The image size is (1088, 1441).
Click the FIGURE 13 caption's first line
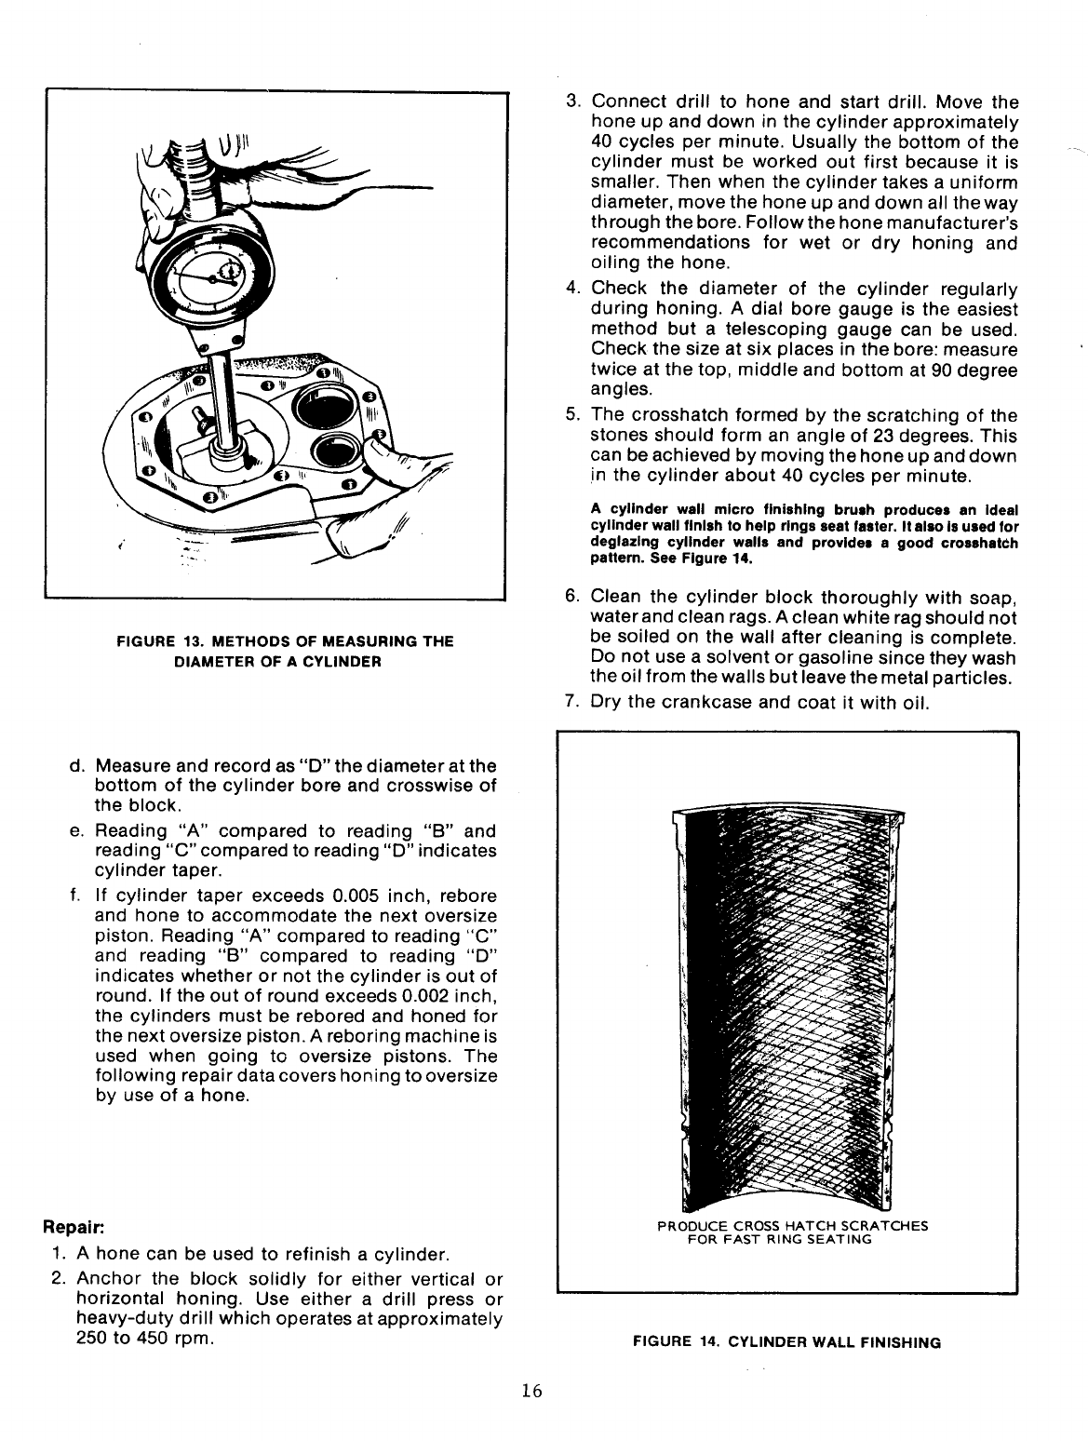tap(284, 641)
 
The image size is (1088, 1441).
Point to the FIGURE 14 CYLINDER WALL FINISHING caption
tap(786, 1342)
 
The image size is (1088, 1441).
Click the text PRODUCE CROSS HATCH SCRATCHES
tap(792, 1225)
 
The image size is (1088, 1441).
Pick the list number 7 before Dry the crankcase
tap(572, 701)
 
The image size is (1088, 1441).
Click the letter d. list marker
tap(75, 766)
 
